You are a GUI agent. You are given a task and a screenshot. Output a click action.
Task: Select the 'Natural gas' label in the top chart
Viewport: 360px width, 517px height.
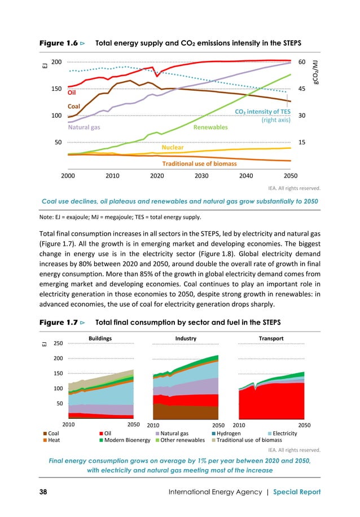tap(84, 127)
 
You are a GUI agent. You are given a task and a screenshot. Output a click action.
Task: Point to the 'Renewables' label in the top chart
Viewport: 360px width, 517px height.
tap(210, 127)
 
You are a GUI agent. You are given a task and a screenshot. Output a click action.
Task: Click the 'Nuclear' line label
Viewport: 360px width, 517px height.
tap(173, 147)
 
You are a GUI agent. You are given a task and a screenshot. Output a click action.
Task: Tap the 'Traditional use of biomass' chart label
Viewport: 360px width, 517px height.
tap(199, 164)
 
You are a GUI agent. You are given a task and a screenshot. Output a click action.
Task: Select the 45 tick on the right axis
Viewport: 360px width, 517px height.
tap(302, 89)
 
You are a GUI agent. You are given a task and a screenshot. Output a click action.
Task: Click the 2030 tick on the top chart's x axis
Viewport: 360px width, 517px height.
tap(201, 175)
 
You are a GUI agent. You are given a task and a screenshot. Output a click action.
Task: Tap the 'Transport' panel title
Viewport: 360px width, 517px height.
tap(271, 338)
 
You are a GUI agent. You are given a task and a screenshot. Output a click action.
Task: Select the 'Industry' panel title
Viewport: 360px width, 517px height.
tap(186, 338)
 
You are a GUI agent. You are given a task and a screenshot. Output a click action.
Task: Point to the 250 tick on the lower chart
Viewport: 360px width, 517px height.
tap(57, 343)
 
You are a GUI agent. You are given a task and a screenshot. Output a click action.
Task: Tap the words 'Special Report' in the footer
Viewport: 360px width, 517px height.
tap(297, 492)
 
